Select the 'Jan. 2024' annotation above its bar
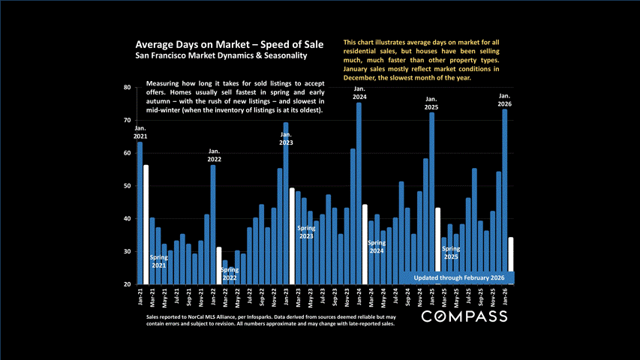[359, 94]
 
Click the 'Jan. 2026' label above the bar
[505, 100]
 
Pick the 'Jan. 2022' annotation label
[214, 155]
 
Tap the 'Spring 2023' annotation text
[306, 232]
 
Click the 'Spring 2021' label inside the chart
[158, 261]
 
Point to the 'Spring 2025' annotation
[449, 253]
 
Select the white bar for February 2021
[146, 224]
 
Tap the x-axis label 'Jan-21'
[140, 297]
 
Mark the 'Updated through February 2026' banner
[457, 277]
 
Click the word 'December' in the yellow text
[361, 77]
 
